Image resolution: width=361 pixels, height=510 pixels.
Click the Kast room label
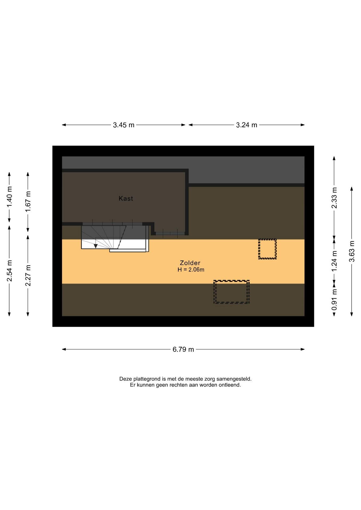[x=126, y=198]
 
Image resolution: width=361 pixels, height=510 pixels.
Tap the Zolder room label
[x=190, y=263]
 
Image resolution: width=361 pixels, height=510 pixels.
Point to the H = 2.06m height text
[x=191, y=270]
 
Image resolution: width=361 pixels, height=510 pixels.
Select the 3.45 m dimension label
[x=124, y=125]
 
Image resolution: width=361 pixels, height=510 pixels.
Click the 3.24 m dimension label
[x=247, y=125]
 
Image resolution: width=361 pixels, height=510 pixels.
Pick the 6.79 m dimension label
[x=183, y=349]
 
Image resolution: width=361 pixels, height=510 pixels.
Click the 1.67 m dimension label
[x=28, y=202]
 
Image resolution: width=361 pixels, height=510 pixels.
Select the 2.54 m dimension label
[x=9, y=271]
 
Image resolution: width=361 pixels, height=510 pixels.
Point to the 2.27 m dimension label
[x=28, y=275]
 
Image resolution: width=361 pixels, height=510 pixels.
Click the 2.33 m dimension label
[x=334, y=198]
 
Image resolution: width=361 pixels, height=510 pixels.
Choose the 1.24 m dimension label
[x=334, y=261]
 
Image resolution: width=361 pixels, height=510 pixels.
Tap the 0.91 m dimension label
[x=334, y=300]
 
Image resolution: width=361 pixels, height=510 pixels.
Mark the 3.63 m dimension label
[x=352, y=251]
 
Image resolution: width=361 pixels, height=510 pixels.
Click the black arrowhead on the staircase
[x=96, y=246]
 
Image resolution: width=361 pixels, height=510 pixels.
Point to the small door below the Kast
[x=170, y=234]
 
